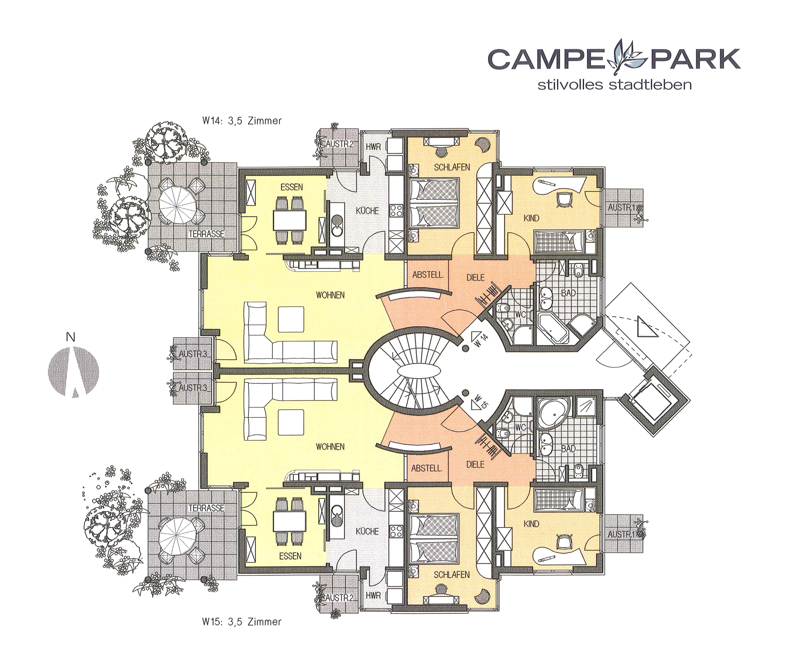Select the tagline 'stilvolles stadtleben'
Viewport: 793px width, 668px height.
point(615,85)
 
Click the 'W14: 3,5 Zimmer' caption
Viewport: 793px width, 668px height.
point(242,121)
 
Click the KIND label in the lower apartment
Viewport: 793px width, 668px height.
point(531,524)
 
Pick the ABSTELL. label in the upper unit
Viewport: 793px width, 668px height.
point(428,275)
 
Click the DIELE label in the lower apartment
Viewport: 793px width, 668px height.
point(476,464)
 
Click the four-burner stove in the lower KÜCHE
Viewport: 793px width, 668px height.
point(396,531)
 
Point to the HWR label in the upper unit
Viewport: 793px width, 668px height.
point(373,147)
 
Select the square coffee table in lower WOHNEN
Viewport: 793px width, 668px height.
point(291,423)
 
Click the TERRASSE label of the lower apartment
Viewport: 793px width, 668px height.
point(207,508)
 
